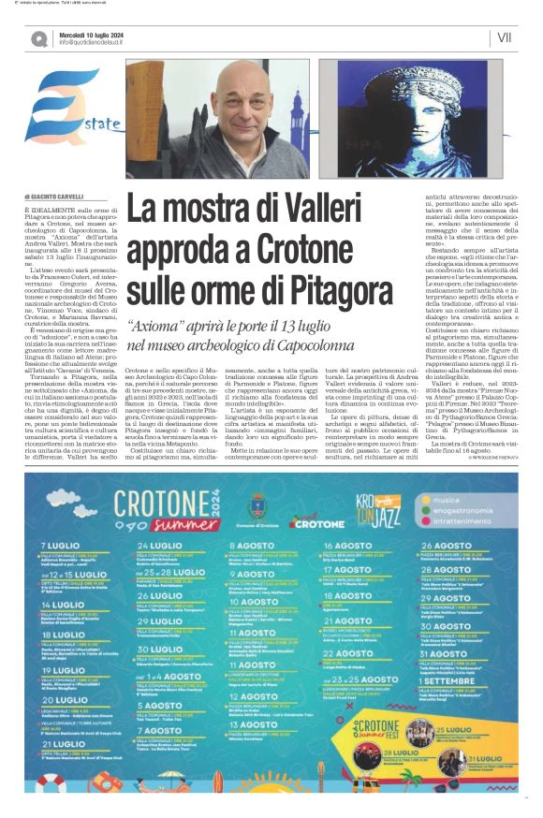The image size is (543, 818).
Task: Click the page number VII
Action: coord(506,37)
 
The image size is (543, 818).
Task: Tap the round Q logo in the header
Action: coord(38,38)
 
